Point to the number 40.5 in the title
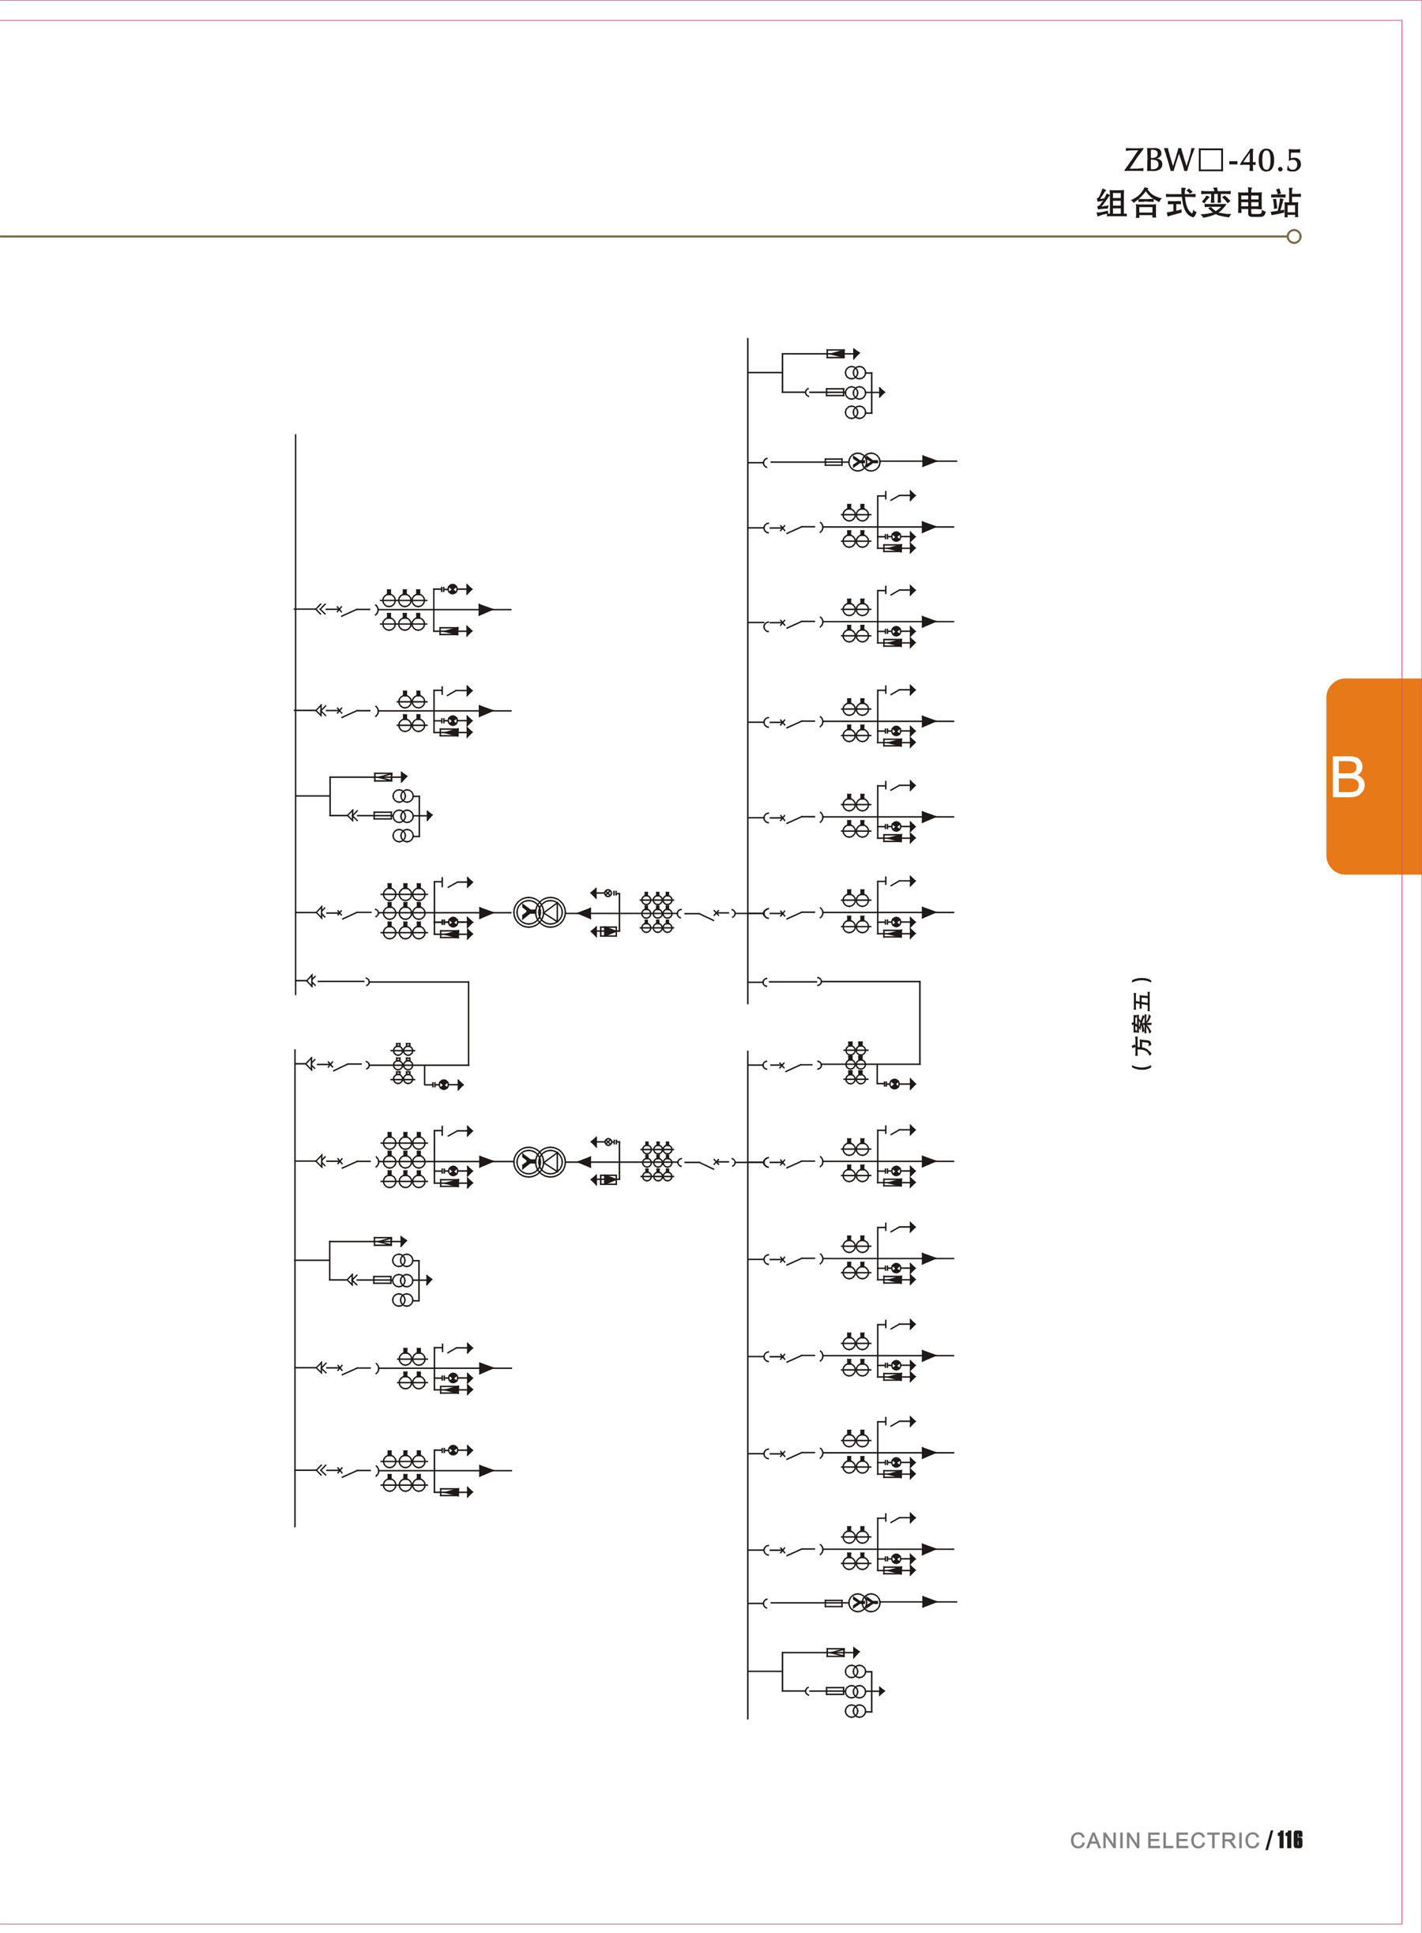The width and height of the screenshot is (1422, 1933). click(1270, 160)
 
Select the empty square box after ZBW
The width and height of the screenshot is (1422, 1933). click(1210, 161)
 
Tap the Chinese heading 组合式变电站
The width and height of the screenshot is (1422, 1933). click(1198, 204)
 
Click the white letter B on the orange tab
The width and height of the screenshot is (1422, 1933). click(1347, 777)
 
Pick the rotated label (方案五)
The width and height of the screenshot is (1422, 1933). click(1142, 1023)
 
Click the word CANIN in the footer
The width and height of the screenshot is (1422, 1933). click(1105, 1840)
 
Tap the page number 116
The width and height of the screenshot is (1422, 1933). click(1289, 1839)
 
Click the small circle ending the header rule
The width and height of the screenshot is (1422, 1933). click(1294, 237)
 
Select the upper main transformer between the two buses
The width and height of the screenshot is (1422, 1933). click(540, 912)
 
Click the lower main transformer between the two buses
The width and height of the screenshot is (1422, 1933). click(540, 1161)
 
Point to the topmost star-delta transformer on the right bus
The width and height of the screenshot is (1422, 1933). click(864, 462)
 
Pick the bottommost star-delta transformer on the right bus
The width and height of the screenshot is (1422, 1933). click(864, 1603)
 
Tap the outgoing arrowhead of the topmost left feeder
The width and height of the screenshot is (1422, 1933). click(487, 609)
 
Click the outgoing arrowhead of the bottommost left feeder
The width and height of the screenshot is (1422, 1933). click(487, 1471)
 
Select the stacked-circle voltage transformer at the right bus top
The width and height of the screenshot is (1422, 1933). click(856, 393)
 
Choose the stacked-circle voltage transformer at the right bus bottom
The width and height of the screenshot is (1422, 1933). click(856, 1690)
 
